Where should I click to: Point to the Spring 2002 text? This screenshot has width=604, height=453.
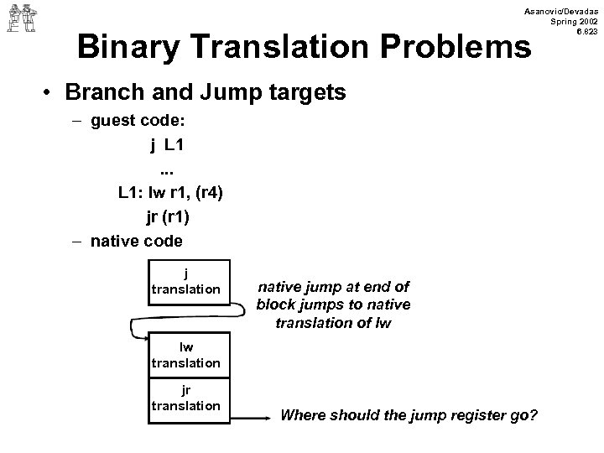pos(571,19)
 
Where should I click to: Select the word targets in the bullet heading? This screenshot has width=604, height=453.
pos(300,93)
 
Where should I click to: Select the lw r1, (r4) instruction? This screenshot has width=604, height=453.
pos(189,192)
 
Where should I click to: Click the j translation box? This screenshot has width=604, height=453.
pos(185,282)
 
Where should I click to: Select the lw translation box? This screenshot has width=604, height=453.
pos(185,356)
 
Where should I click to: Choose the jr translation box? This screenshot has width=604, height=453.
pos(185,398)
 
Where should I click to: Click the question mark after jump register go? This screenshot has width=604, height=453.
pos(534,415)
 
